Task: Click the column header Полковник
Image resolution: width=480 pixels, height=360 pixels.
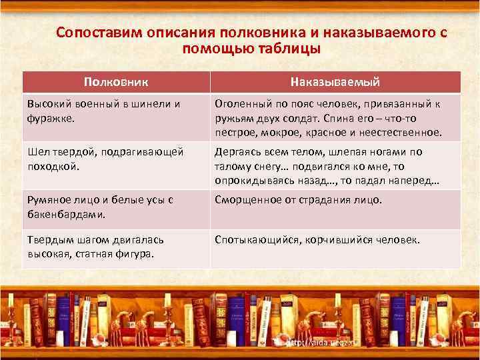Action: coord(116,81)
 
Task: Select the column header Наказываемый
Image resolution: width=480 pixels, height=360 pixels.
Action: coord(335,81)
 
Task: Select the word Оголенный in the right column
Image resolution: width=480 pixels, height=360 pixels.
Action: coord(241,104)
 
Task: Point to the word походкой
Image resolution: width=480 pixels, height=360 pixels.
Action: coord(53,166)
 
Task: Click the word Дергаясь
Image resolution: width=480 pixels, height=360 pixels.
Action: coord(237,153)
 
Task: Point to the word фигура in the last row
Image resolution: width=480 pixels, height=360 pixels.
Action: coord(133,253)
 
